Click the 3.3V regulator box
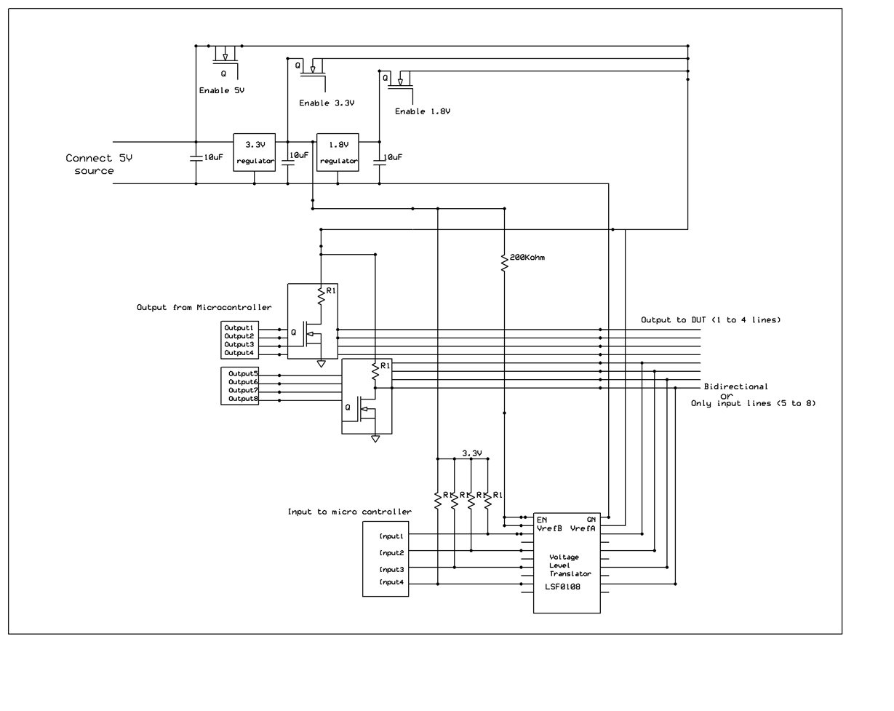pos(254,152)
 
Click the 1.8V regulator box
pos(338,152)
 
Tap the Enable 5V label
pos(222,92)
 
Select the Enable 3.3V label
pos(327,103)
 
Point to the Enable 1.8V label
pos(423,112)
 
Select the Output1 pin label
pos(239,327)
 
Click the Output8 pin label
pos(243,399)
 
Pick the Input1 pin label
pos(391,536)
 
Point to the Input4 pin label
pos(391,583)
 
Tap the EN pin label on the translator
pos(542,520)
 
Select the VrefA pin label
pos(583,529)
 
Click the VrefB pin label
pos(550,529)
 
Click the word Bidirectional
pos(735,386)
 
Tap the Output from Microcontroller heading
pos(204,308)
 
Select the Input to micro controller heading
pos(349,512)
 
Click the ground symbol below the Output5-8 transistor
pos(375,439)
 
